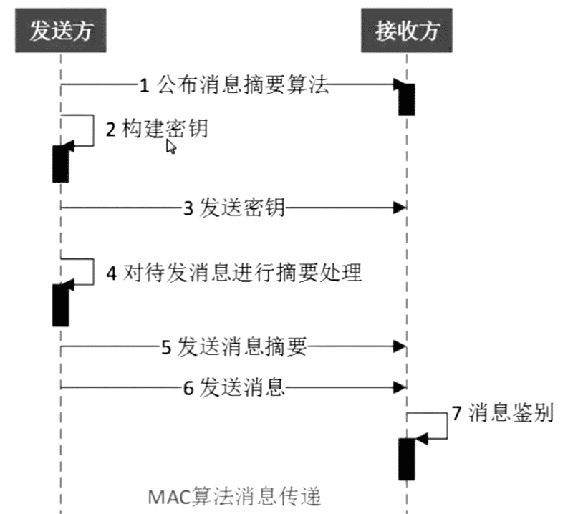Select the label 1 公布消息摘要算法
(233, 86)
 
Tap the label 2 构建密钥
(157, 130)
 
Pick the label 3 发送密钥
(233, 208)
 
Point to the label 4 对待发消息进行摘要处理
(234, 273)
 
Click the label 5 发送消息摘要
(234, 348)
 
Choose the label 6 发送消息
(234, 387)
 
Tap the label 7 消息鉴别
(503, 413)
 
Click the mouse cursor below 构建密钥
(170, 147)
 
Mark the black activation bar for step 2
(61, 163)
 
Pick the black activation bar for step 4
(61, 304)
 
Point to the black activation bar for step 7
(407, 458)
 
